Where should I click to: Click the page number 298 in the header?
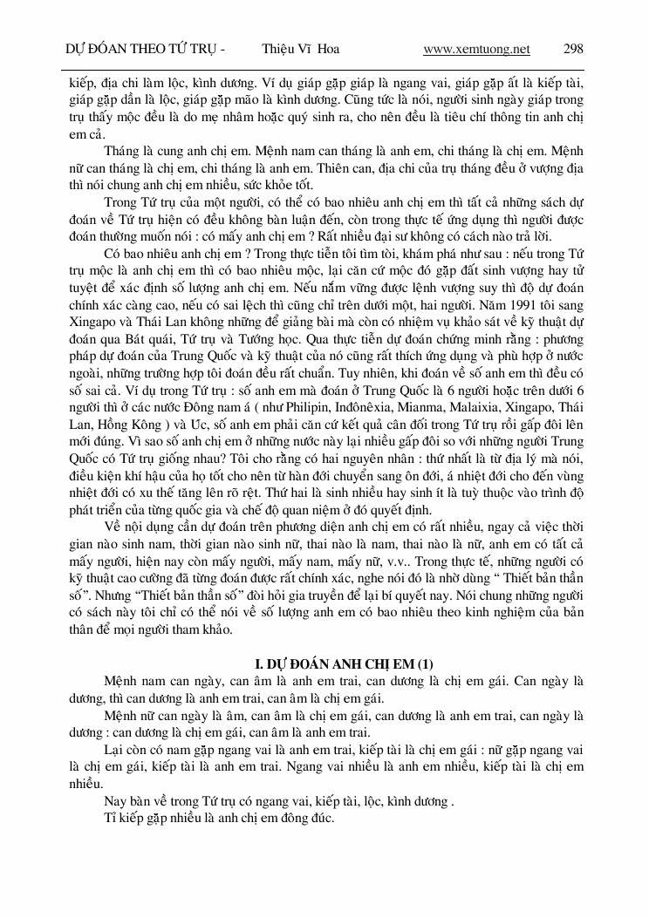(x=573, y=49)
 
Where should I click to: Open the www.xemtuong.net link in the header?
(x=476, y=49)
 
